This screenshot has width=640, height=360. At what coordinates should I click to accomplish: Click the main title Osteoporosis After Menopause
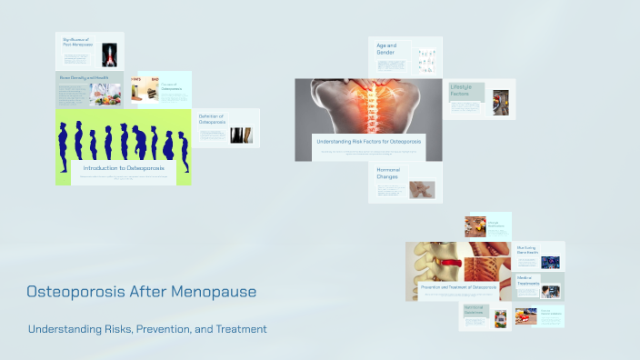[x=141, y=292]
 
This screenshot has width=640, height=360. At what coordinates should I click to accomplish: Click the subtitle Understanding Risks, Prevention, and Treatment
[x=147, y=329]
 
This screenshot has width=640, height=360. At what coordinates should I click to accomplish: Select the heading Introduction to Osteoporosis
[x=124, y=168]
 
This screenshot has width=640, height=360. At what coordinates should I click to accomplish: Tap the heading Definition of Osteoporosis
[x=211, y=119]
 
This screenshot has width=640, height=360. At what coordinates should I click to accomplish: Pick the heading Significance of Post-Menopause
[x=79, y=43]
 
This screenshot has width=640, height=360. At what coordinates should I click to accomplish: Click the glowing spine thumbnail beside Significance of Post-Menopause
[x=111, y=55]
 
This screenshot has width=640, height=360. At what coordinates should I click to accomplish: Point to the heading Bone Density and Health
[x=84, y=78]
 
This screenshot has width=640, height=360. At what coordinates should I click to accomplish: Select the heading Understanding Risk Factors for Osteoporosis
[x=368, y=142]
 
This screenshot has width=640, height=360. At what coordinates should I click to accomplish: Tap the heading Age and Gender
[x=387, y=49]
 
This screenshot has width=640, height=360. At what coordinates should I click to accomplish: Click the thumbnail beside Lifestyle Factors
[x=501, y=102]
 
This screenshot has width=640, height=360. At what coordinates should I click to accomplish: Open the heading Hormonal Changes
[x=388, y=172]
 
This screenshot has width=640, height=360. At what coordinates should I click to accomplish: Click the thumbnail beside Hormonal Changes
[x=422, y=189]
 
